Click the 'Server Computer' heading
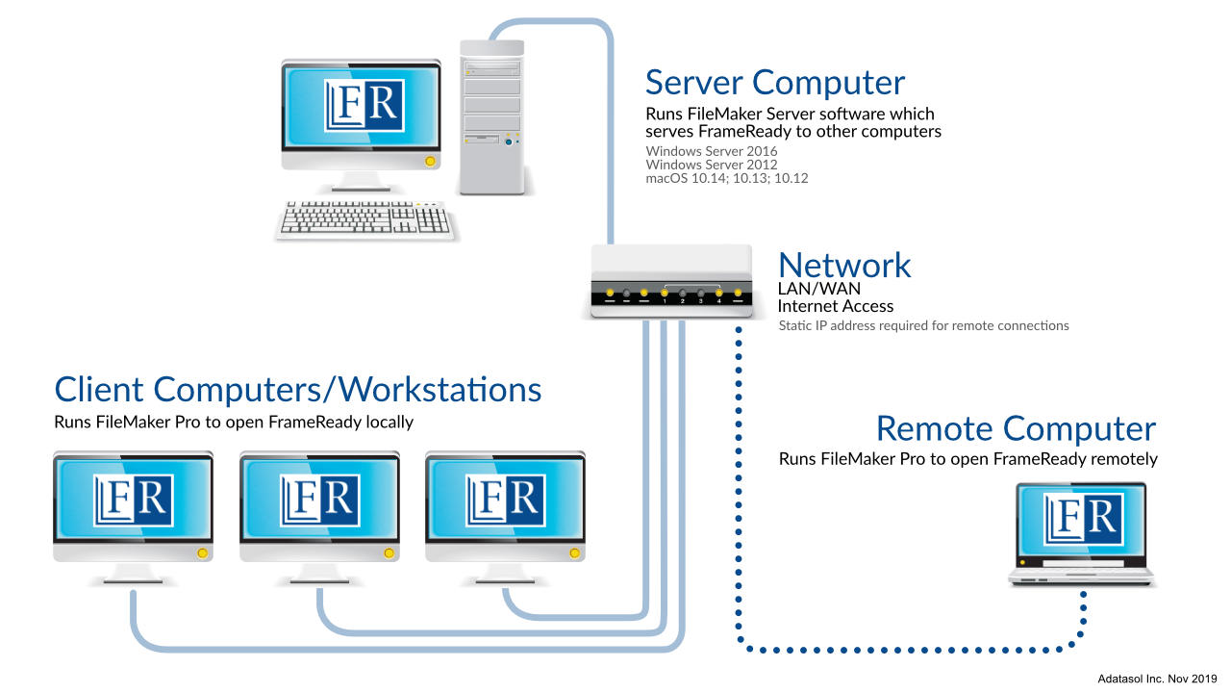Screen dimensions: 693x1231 pyautogui.click(x=774, y=83)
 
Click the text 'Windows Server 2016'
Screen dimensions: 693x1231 pyautogui.click(x=712, y=151)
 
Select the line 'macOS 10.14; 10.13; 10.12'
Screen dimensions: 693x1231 pyautogui.click(x=727, y=178)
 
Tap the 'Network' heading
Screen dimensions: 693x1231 pyautogui.click(x=844, y=265)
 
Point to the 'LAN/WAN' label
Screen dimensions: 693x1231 pyautogui.click(x=818, y=288)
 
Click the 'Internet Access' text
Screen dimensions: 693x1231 pyautogui.click(x=835, y=306)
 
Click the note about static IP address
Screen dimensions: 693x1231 pyautogui.click(x=923, y=325)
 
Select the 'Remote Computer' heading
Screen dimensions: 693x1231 pyautogui.click(x=1016, y=428)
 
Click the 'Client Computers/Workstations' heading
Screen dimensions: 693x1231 pyautogui.click(x=298, y=390)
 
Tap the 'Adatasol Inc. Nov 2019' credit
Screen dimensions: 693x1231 pyautogui.click(x=1158, y=679)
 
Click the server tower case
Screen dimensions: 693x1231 pyautogui.click(x=491, y=115)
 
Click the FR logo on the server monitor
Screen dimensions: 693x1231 pyautogui.click(x=364, y=104)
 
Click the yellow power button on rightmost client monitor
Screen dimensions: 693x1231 pyautogui.click(x=575, y=553)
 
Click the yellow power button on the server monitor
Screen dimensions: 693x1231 pyautogui.click(x=430, y=161)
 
